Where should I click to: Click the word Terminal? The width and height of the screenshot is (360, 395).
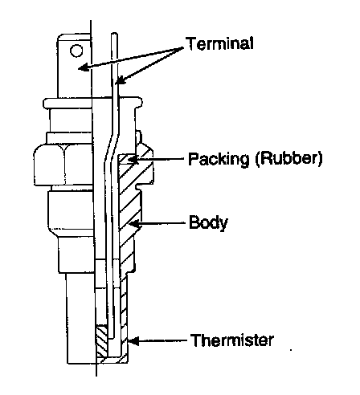pyautogui.click(x=219, y=43)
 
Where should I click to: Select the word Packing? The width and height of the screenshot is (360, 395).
pyautogui.click(x=219, y=159)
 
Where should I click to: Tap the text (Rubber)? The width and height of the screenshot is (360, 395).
pyautogui.click(x=288, y=158)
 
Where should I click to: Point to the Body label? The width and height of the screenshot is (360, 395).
pyautogui.click(x=208, y=222)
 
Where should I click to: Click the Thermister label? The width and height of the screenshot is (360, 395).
pyautogui.click(x=232, y=340)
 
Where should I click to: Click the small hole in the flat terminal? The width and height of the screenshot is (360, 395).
pyautogui.click(x=76, y=51)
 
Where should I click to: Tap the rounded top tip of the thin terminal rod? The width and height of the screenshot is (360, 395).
pyautogui.click(x=114, y=34)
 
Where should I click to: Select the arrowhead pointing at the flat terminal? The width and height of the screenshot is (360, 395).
pyautogui.click(x=84, y=67)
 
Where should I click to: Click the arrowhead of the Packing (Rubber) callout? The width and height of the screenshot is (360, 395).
pyautogui.click(x=133, y=160)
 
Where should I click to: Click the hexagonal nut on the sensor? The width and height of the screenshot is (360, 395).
pyautogui.click(x=63, y=165)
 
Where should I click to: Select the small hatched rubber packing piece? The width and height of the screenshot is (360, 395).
pyautogui.click(x=127, y=159)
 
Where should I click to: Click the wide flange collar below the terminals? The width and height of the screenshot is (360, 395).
pyautogui.click(x=92, y=103)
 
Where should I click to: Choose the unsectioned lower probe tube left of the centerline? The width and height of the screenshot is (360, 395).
pyautogui.click(x=80, y=319)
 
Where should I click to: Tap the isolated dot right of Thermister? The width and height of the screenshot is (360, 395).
pyautogui.click(x=291, y=349)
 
